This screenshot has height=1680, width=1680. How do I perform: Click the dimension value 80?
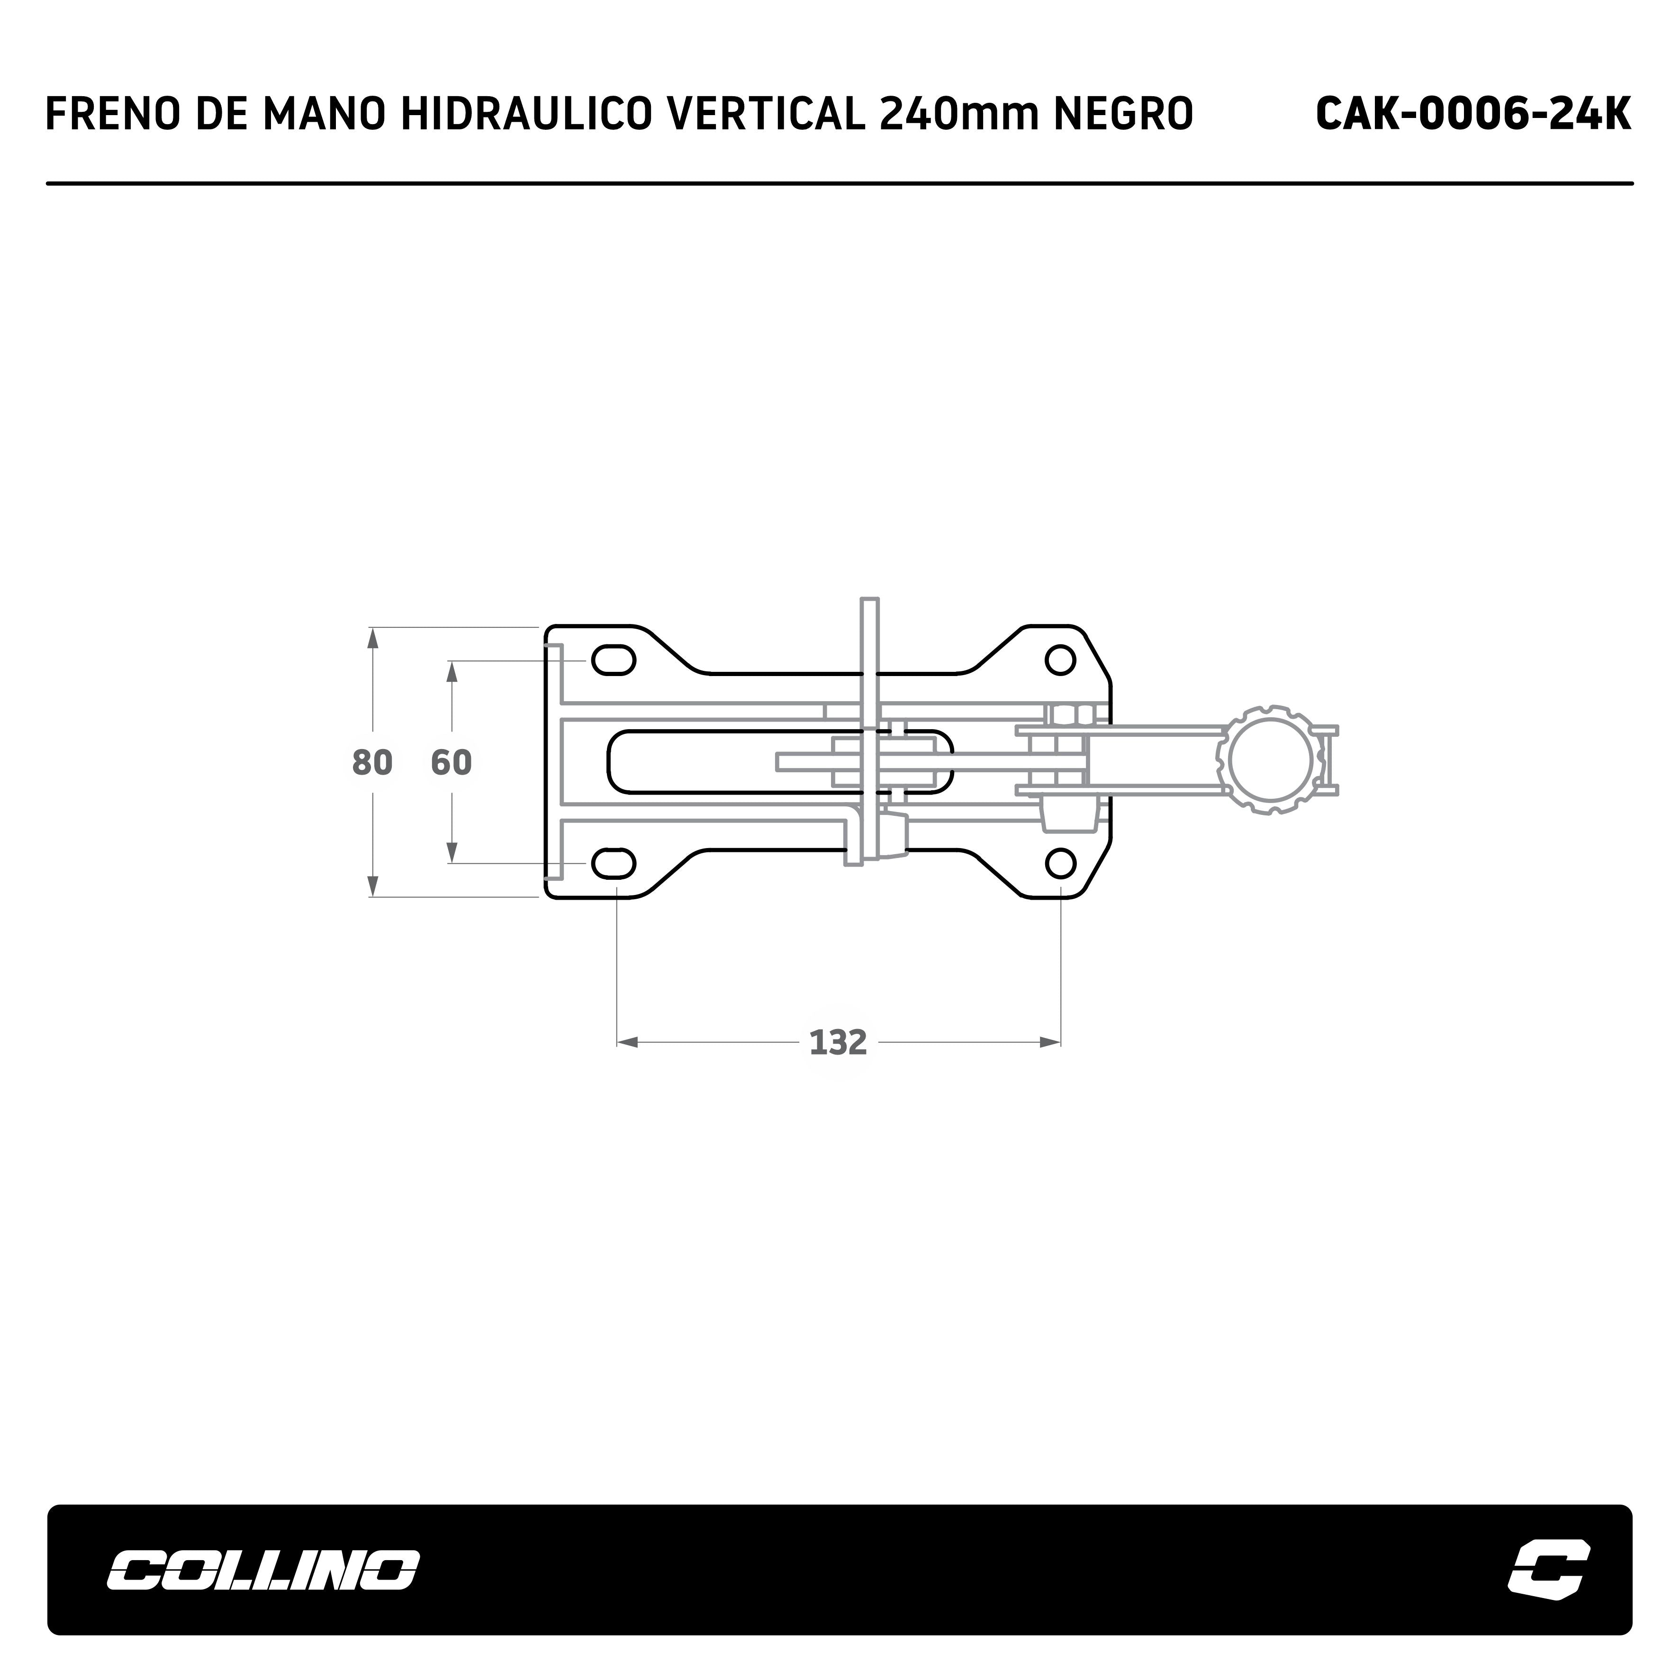coord(372,763)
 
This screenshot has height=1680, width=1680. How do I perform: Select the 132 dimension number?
coord(838,1042)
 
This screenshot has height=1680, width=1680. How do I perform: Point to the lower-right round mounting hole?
coord(1060,864)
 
